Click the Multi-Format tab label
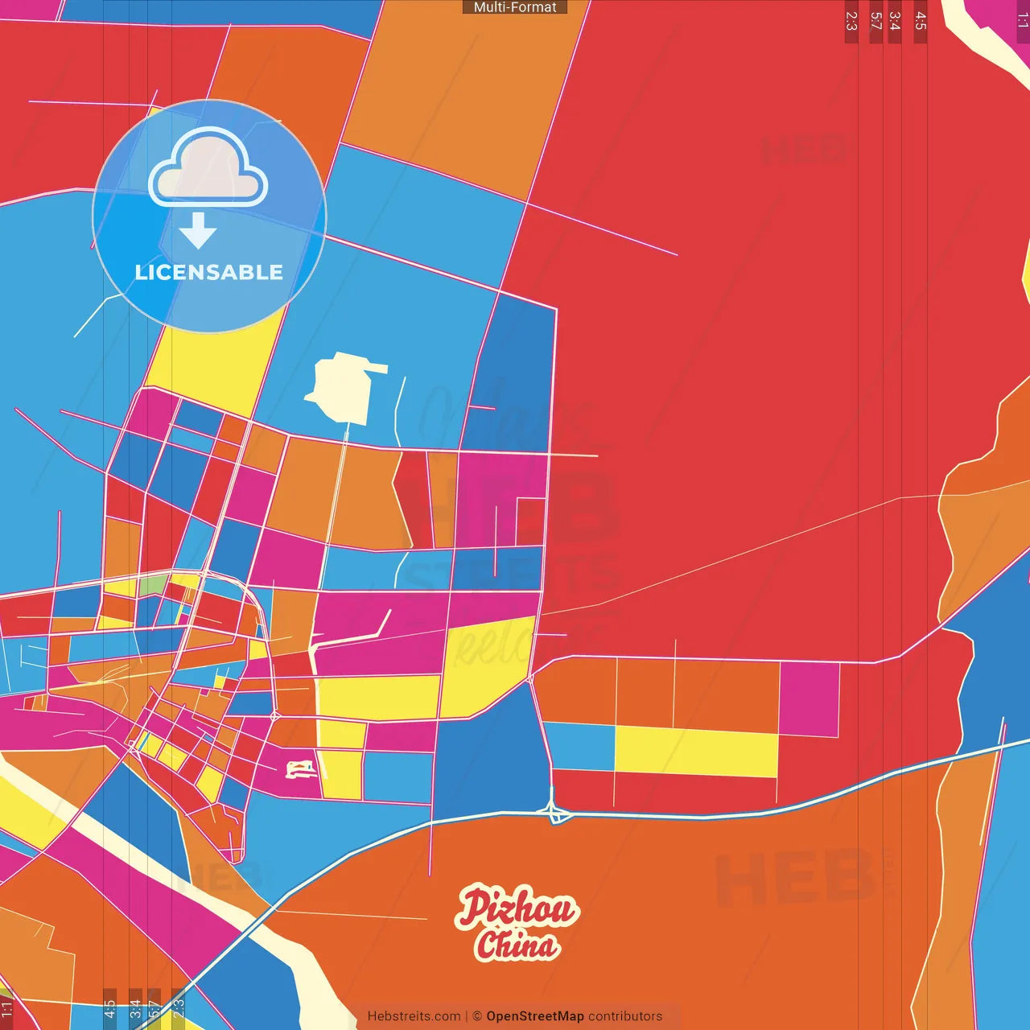coord(515,7)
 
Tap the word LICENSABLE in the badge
coord(208,273)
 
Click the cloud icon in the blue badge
coord(208,169)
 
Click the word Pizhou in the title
coord(517,908)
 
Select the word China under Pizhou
coord(517,945)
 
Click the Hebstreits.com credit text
coord(414,1016)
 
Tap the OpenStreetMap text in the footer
coord(535,1016)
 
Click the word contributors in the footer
coord(625,1016)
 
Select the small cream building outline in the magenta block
coord(301,769)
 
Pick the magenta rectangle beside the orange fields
coord(809,698)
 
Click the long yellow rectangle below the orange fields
coord(696,751)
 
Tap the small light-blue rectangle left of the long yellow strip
coord(579,746)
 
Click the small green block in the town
coord(152,585)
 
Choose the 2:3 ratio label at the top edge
coord(851,22)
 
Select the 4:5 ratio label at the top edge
coord(921,22)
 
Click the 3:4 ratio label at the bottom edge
coord(135,1008)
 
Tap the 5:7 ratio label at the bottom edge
coord(154,1008)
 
